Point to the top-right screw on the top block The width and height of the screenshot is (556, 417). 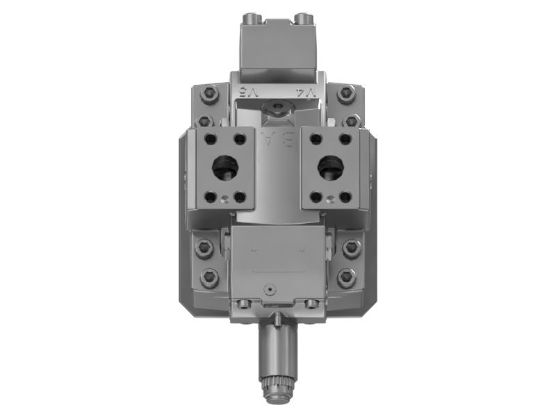(303, 17)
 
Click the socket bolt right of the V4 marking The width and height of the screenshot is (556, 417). (345, 92)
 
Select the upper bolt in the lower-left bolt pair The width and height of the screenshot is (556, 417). (205, 247)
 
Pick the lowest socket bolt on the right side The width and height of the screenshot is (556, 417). (347, 278)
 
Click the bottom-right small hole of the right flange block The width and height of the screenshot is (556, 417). (345, 197)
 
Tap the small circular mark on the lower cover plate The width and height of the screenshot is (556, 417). (269, 286)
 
